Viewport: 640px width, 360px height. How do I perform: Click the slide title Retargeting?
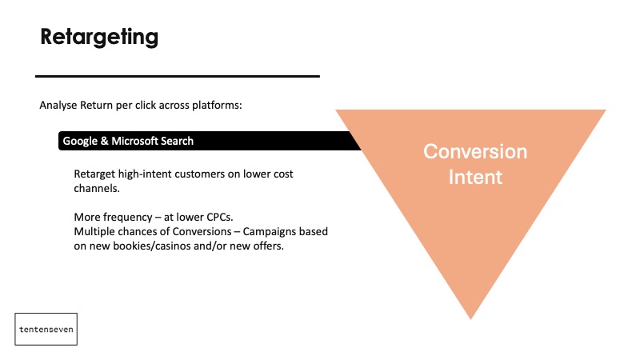click(99, 37)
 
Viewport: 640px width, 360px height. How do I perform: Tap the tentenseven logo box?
click(46, 329)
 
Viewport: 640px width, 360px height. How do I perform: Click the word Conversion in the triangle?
click(475, 151)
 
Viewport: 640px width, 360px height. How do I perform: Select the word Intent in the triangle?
click(475, 177)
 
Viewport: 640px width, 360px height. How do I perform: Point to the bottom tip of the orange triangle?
click(470, 319)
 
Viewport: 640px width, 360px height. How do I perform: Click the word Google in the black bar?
click(80, 142)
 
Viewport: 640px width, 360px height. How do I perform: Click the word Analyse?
click(58, 106)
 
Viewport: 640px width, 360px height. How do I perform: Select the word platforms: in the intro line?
click(217, 106)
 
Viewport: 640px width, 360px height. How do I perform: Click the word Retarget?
click(94, 174)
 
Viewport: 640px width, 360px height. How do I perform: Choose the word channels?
click(97, 188)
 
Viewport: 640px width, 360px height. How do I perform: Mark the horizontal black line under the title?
click(178, 76)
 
